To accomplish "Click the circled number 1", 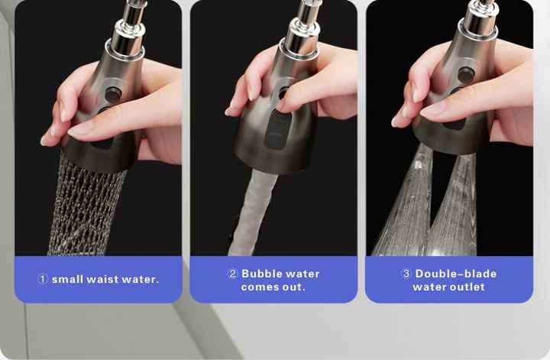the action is click(43, 279).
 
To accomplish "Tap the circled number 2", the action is click(232, 274).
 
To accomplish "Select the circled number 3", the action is click(406, 274).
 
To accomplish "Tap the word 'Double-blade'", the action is click(456, 274).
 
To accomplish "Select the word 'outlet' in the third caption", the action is click(467, 287).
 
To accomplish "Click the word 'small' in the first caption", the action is click(67, 279).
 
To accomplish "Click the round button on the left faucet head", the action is click(113, 95).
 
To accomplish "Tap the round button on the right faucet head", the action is click(467, 74).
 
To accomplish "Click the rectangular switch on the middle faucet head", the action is click(277, 130).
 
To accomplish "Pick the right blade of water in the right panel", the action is click(455, 207).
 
